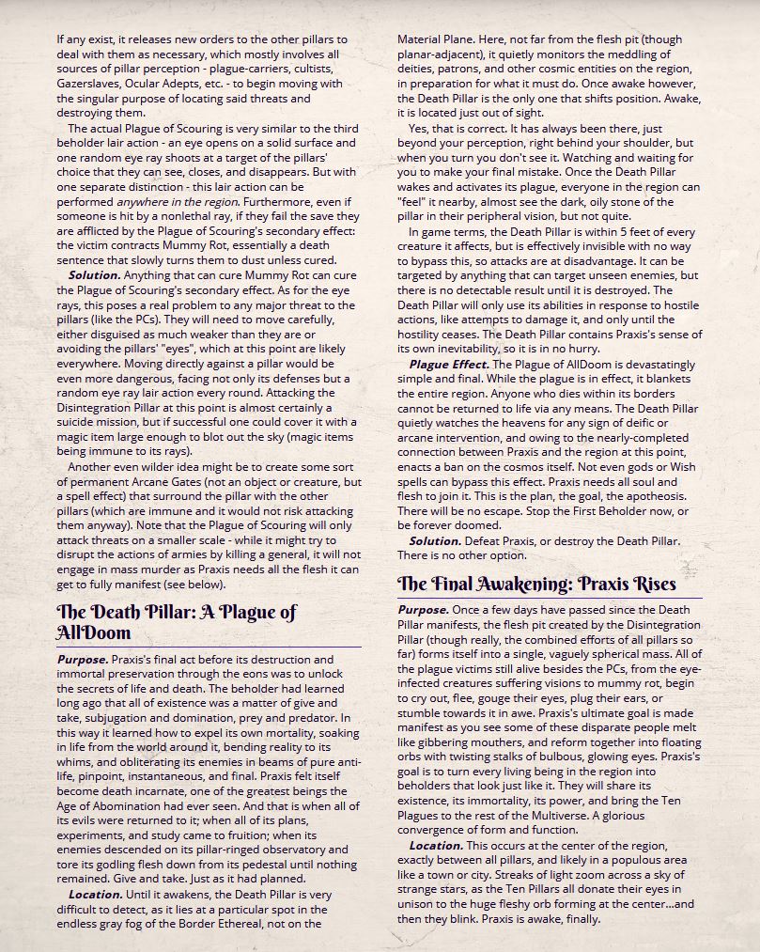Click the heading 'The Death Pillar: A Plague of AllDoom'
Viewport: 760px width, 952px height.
tap(177, 622)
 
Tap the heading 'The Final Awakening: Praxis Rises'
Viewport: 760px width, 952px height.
tap(536, 584)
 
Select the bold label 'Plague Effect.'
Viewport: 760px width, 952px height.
tap(449, 364)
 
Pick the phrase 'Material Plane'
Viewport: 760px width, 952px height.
tap(435, 40)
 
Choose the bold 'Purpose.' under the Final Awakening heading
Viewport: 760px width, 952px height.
tap(424, 611)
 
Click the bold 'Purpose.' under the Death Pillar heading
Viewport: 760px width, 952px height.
tap(83, 660)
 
